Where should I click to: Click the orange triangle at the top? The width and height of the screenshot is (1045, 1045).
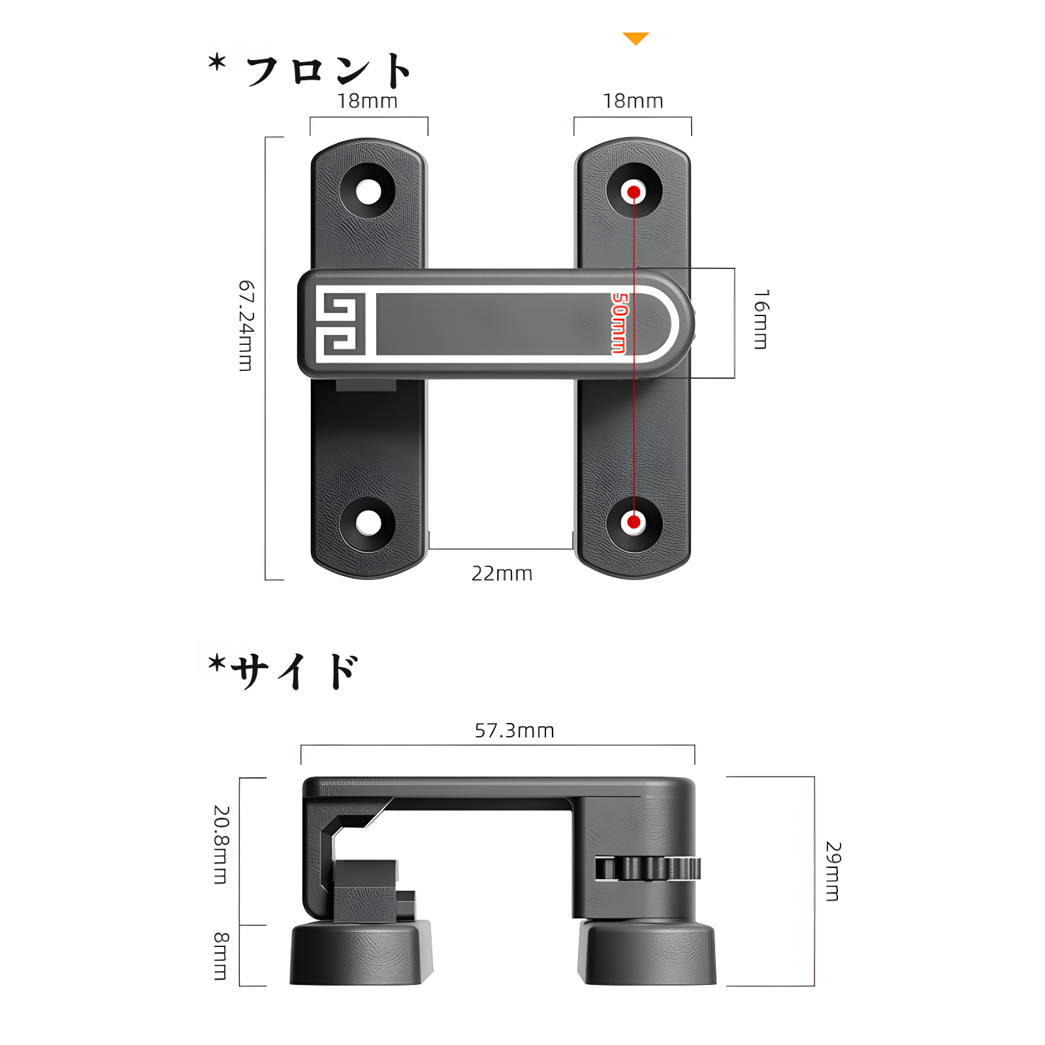point(635,39)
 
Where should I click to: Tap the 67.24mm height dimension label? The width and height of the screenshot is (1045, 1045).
point(246,326)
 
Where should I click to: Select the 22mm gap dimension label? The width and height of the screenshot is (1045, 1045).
point(502,573)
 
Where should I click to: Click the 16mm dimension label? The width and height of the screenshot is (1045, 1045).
point(761,319)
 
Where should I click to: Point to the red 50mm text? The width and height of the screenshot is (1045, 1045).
point(619,323)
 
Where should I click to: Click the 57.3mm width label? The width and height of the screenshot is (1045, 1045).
point(514,730)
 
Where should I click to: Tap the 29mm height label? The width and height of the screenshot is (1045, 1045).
point(833,871)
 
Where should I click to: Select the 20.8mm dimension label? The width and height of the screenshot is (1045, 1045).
point(221,844)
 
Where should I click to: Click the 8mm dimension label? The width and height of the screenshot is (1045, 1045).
point(221,956)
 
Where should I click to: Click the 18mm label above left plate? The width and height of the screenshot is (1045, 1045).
point(367,101)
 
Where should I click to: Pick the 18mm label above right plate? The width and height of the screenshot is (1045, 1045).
point(632,101)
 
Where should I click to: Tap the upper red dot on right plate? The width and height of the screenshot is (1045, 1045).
point(634,192)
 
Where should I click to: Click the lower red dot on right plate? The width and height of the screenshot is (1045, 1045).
point(634,522)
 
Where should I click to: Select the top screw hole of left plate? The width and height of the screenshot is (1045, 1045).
point(368,192)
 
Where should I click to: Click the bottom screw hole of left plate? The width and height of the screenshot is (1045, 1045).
point(368,523)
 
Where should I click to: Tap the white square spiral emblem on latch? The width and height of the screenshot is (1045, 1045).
point(340,324)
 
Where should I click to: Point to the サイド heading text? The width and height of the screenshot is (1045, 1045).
point(294,671)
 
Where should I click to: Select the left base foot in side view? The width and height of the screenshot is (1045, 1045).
point(360,954)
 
